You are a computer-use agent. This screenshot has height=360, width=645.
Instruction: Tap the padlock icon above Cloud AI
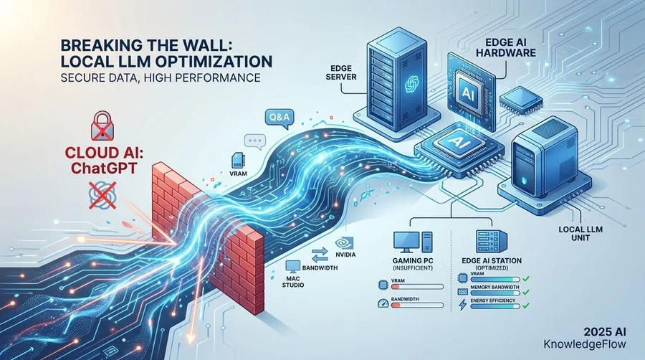[x=102, y=125]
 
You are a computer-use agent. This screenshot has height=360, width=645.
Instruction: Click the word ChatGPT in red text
[x=102, y=168]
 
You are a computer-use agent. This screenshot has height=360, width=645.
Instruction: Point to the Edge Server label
[x=343, y=72]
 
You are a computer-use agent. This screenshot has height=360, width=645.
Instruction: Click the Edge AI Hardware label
[x=510, y=48]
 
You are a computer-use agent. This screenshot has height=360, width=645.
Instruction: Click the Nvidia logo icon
[x=343, y=242]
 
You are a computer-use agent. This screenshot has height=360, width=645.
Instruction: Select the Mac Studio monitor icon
[x=293, y=266]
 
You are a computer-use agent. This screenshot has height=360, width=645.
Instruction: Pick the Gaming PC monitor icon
[x=406, y=242]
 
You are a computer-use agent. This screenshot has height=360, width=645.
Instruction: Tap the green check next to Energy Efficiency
[x=526, y=305]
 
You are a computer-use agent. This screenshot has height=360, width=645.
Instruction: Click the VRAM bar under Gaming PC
[x=416, y=287]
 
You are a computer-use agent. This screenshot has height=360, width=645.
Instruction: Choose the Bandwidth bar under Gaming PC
[x=416, y=305]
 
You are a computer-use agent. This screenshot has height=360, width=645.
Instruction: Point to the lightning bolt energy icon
[x=462, y=305]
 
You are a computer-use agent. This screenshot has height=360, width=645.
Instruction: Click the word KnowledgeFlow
[x=585, y=344]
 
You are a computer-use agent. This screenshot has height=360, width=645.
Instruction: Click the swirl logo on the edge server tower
[x=411, y=84]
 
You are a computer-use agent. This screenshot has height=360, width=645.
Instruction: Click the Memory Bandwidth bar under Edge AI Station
[x=495, y=293]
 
